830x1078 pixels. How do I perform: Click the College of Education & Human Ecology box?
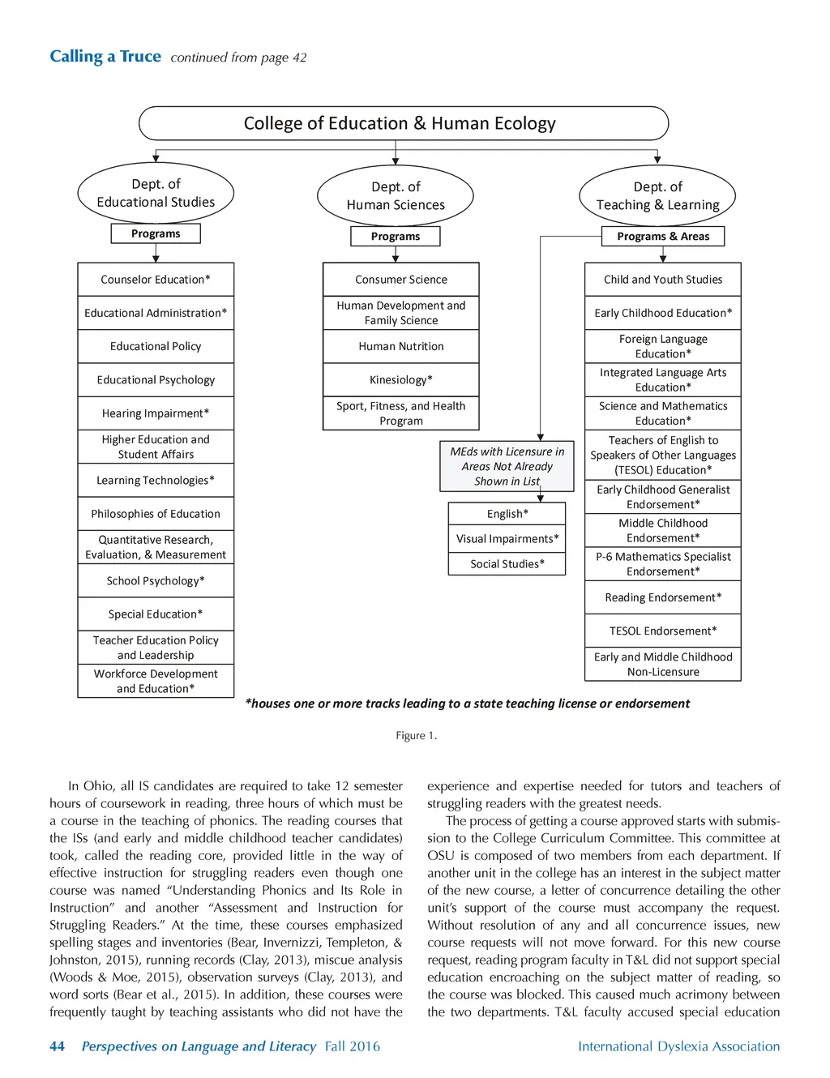click(404, 123)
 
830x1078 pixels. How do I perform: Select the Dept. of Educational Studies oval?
click(156, 193)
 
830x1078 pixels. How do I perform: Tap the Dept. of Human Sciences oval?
click(396, 196)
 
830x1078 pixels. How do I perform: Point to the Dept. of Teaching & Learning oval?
click(657, 196)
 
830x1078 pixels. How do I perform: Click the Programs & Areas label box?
click(662, 237)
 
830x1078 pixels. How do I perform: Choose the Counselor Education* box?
click(156, 280)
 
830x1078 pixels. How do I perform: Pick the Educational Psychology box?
click(156, 380)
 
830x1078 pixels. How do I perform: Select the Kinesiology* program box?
click(401, 380)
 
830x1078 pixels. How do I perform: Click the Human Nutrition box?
click(401, 346)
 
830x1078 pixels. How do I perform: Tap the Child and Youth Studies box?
click(663, 280)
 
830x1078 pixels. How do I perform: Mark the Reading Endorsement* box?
click(663, 598)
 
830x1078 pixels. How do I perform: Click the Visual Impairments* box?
click(507, 539)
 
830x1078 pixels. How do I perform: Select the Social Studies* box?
click(507, 564)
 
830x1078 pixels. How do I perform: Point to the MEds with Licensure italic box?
click(507, 466)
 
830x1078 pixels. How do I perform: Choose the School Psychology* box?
click(156, 581)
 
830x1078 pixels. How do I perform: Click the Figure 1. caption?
click(416, 736)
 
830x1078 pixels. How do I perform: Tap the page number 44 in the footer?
click(57, 1046)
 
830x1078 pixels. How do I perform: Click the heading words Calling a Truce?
click(105, 57)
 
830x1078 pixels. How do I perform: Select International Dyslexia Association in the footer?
click(678, 1046)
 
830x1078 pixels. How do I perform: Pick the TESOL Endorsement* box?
click(663, 631)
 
